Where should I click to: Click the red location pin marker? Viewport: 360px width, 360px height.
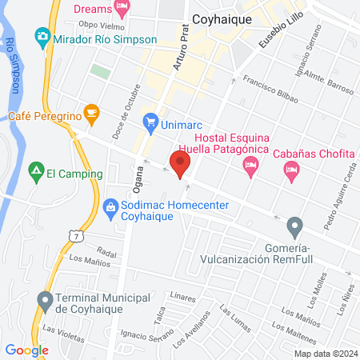(181, 163)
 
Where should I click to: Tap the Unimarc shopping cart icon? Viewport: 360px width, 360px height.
(150, 122)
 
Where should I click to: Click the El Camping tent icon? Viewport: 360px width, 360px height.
(35, 170)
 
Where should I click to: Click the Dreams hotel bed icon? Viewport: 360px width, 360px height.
(122, 9)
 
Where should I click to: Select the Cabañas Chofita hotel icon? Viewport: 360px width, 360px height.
(290, 170)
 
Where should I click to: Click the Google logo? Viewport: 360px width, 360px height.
(26, 350)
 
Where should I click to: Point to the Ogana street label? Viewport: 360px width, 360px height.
(137, 192)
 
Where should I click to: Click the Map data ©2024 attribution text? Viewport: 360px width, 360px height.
(325, 353)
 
